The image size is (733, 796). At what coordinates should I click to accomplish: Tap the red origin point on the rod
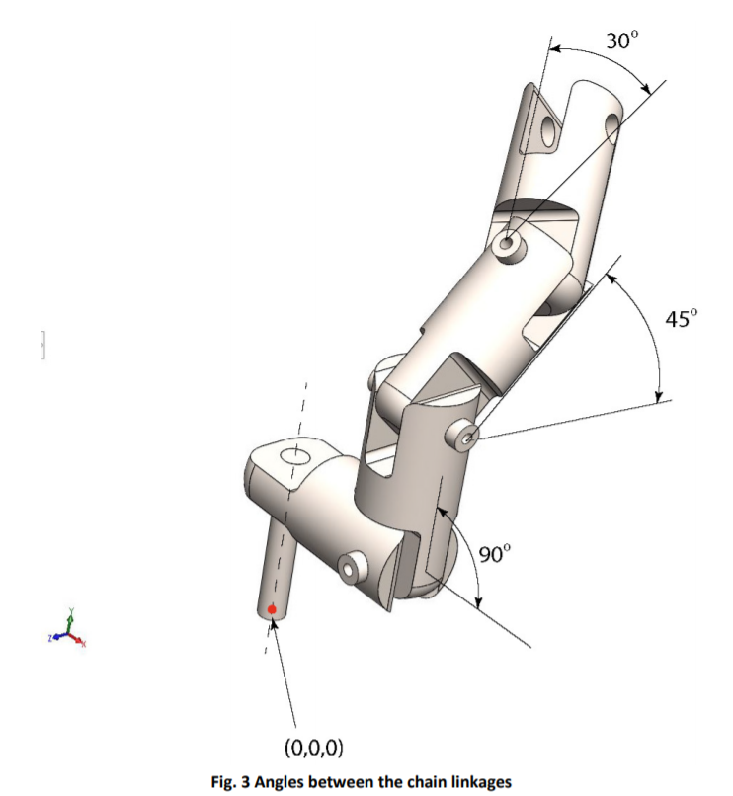(272, 610)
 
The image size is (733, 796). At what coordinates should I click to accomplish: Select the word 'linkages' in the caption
(478, 782)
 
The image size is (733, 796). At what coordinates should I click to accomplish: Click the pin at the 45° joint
(468, 435)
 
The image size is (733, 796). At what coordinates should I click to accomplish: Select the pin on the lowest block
(350, 570)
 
